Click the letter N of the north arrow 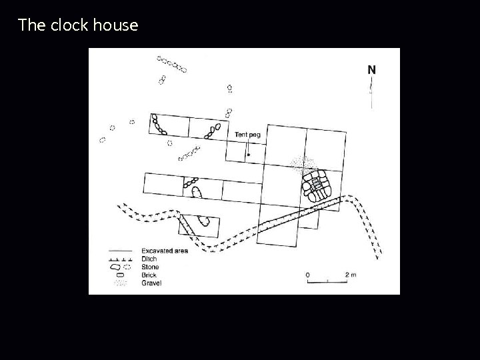click(x=372, y=69)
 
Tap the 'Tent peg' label click(x=247, y=135)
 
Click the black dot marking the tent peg click(x=249, y=155)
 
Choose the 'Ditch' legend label click(x=149, y=259)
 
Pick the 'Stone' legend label click(x=150, y=267)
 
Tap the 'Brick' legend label click(x=149, y=275)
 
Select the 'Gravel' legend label click(x=151, y=283)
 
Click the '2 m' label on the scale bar click(x=351, y=274)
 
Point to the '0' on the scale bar click(x=307, y=274)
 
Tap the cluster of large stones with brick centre click(x=315, y=186)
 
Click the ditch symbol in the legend click(x=119, y=259)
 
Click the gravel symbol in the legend click(x=119, y=283)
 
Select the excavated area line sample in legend click(x=119, y=251)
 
